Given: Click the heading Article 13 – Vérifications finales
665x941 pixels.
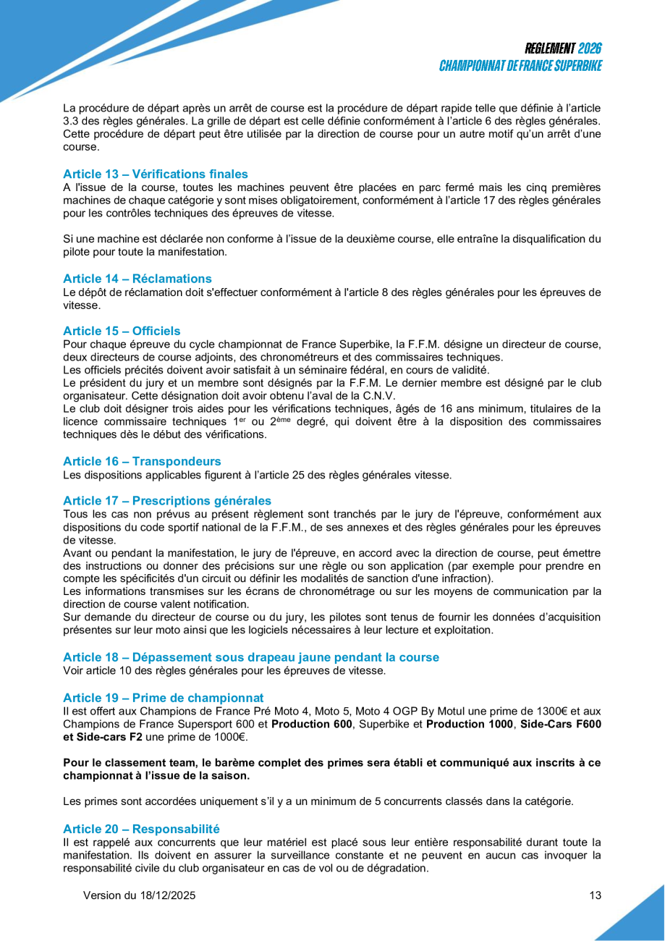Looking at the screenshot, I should coord(156,174).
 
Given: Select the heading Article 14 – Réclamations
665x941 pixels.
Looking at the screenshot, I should coord(137,279).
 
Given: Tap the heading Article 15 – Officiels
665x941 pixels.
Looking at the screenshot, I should coord(122,331).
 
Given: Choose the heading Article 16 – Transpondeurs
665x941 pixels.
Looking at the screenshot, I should coord(142,461).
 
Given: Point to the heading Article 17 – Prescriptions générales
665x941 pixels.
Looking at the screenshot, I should coord(167,501).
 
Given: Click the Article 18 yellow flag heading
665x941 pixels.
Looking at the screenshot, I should coord(251,657).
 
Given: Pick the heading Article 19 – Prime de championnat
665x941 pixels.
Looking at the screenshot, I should coord(164,698).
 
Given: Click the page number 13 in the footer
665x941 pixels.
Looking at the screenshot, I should coord(595,895).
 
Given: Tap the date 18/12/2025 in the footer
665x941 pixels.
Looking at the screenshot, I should coord(167,895).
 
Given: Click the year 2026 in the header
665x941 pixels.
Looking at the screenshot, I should coord(590,48).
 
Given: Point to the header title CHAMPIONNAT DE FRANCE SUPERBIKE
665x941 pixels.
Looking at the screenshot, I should coord(520,66).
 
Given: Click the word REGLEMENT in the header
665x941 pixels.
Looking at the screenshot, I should coord(550,48).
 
